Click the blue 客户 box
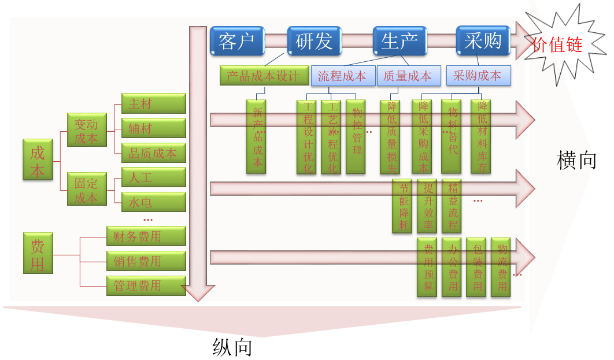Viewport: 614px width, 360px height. pos(237,40)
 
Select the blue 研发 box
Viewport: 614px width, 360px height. pos(315,40)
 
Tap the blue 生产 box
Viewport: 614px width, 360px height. pos(400,40)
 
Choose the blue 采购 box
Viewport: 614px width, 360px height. pos(483,40)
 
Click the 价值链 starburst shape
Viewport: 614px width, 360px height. pos(557,44)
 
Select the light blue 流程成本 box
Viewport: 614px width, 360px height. pos(342,76)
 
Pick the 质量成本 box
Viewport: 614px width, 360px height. pos(408,76)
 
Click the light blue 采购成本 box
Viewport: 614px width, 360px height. pos(477,76)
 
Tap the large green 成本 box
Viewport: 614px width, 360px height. pos(38,162)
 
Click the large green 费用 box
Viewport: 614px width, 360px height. pos(38,253)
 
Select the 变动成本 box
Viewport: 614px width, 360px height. pos(87,131)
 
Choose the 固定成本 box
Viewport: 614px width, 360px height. pos(87,190)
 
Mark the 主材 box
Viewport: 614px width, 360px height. pos(153,103)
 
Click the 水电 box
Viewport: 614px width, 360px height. pos(153,202)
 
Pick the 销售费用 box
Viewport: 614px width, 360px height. pos(146,261)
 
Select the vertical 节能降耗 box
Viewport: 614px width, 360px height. pos(402,206)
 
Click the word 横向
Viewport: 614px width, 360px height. pos(576,160)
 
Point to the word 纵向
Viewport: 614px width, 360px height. pos(232,347)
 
